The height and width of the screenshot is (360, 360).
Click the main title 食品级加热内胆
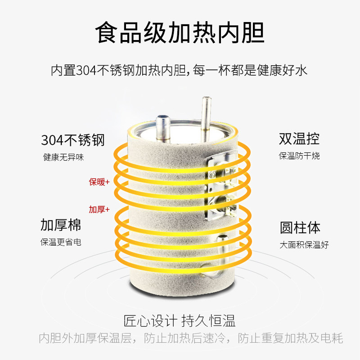point(180,32)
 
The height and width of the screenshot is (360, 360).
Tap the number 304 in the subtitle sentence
point(86,70)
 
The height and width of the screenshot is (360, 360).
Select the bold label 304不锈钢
point(73,140)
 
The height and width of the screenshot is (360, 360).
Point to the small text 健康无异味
point(63,157)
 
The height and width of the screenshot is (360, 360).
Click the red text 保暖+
point(99,182)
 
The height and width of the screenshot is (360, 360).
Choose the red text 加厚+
point(99,209)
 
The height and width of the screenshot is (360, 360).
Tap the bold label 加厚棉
point(61,225)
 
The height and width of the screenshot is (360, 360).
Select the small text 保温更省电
point(61,242)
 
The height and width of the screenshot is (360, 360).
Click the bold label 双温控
point(299,139)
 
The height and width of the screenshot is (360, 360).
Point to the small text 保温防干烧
point(299,156)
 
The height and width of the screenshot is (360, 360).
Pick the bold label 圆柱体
point(300,228)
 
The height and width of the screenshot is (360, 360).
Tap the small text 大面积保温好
point(304,245)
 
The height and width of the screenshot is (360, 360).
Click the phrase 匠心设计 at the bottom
point(150,321)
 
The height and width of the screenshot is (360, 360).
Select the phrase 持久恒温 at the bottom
point(208,321)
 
